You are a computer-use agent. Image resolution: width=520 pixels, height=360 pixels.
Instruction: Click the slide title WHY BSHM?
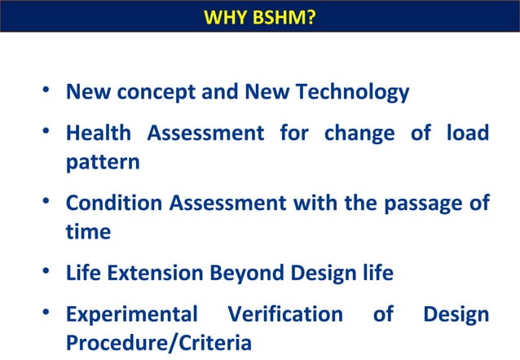pos(259,16)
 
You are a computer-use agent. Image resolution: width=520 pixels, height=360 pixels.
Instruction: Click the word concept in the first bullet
pos(156,92)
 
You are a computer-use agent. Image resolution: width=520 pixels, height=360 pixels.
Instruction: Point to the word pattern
pos(103,162)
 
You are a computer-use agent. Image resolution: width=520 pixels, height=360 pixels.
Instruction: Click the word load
pos(468,133)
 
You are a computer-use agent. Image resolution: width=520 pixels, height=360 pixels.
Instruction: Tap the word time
pos(88,231)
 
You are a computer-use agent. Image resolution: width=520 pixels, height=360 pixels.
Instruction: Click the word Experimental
pos(131,314)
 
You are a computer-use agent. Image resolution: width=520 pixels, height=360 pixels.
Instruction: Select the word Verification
pos(285,314)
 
